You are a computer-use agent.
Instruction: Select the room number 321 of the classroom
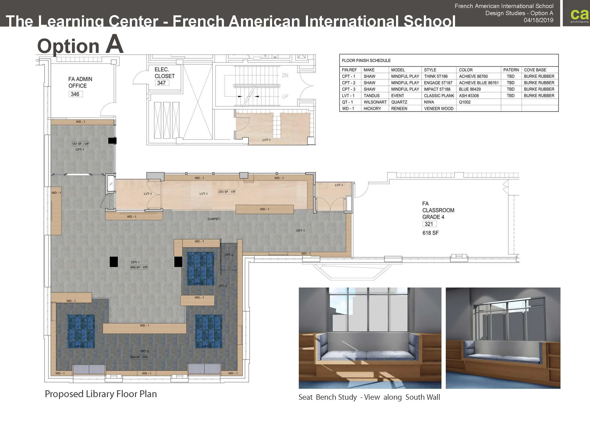429,224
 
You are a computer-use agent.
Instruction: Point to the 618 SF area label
430,233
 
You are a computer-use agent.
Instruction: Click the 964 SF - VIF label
139,267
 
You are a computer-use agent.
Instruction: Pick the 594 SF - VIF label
139,357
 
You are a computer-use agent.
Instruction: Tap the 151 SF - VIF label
80,144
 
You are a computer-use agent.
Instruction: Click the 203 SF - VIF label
227,191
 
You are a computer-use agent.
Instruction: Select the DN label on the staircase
285,76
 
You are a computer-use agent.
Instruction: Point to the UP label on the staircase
285,97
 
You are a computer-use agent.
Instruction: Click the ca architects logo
579,15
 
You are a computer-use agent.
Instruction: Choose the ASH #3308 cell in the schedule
469,96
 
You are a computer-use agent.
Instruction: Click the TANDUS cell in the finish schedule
371,96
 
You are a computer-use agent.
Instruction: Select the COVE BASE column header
535,70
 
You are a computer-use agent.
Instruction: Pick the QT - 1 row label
347,102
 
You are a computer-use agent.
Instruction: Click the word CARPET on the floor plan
214,219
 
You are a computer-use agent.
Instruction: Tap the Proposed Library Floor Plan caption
101,394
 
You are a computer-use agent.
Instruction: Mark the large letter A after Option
114,44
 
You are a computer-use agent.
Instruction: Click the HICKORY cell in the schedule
372,109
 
